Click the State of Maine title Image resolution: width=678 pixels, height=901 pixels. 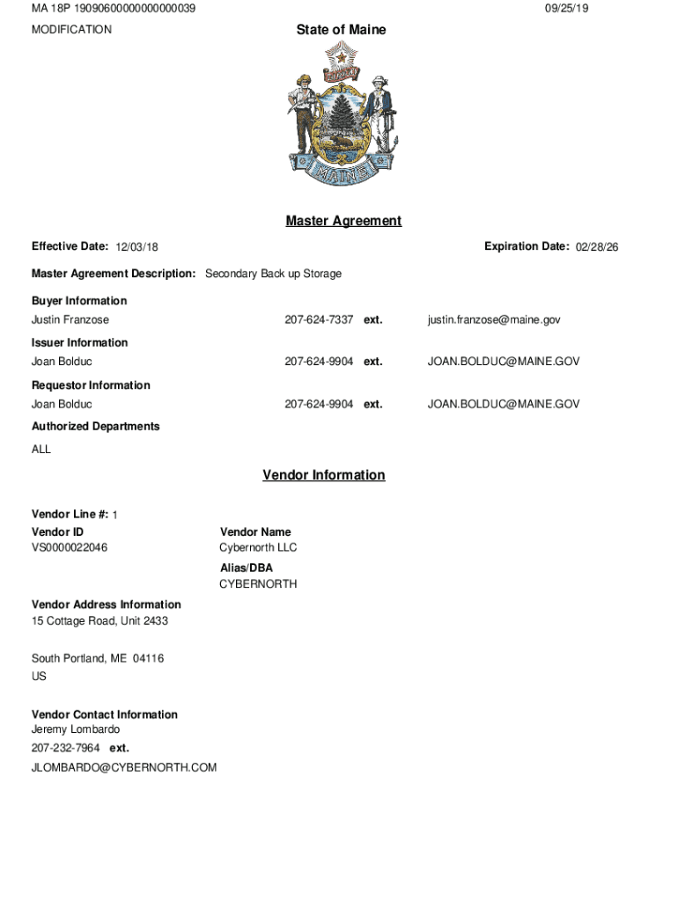[x=341, y=30]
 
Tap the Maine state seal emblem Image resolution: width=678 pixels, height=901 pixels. [x=341, y=115]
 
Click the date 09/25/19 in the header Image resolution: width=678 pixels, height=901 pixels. [x=566, y=8]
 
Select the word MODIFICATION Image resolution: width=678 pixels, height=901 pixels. [x=71, y=30]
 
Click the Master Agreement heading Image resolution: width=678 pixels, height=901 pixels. [x=343, y=221]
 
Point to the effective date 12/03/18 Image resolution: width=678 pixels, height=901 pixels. [x=136, y=248]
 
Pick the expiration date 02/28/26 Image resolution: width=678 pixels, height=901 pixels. [x=597, y=247]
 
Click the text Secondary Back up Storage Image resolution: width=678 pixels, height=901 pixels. [x=273, y=274]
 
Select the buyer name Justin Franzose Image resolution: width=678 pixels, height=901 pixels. [x=70, y=319]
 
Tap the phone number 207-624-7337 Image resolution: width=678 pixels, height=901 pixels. [x=319, y=319]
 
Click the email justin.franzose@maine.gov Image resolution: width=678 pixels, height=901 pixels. [x=494, y=319]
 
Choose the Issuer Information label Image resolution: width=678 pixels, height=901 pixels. [x=79, y=342]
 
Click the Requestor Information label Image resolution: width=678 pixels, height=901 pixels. [x=91, y=385]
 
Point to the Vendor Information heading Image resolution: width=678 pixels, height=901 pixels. [x=323, y=475]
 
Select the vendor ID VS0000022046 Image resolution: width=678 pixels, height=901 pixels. [x=70, y=547]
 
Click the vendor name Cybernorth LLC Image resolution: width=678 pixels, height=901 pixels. [x=258, y=547]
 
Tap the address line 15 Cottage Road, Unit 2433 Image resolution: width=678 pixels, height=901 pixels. [x=99, y=621]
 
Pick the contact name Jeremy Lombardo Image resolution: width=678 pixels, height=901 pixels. [x=76, y=729]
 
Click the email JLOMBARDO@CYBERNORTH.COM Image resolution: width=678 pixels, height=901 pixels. [x=124, y=767]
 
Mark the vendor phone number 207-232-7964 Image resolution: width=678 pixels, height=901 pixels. [x=66, y=748]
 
